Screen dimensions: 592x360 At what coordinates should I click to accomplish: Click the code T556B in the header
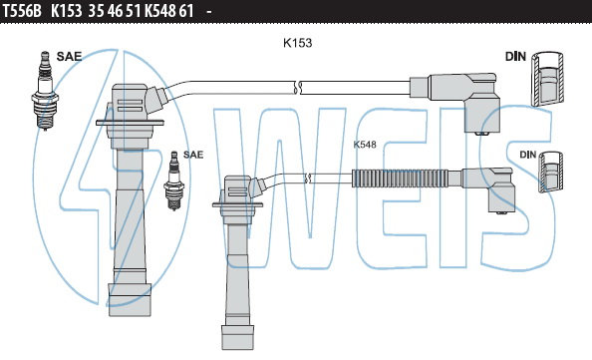tap(22, 11)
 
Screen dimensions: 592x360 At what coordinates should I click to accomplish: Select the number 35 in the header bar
tap(97, 11)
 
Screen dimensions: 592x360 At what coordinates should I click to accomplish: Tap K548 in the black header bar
tap(159, 11)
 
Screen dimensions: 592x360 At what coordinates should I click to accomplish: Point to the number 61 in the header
tap(186, 11)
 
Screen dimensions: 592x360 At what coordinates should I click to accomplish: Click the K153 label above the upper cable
tap(298, 43)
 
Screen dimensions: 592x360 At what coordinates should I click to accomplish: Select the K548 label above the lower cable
tap(365, 145)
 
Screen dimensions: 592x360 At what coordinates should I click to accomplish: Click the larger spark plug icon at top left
tap(45, 91)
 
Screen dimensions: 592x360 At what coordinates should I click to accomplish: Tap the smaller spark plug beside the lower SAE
tap(174, 180)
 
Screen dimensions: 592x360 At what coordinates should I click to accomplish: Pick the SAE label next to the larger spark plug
tap(69, 56)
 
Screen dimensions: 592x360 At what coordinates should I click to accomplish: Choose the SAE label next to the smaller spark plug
tap(193, 155)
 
